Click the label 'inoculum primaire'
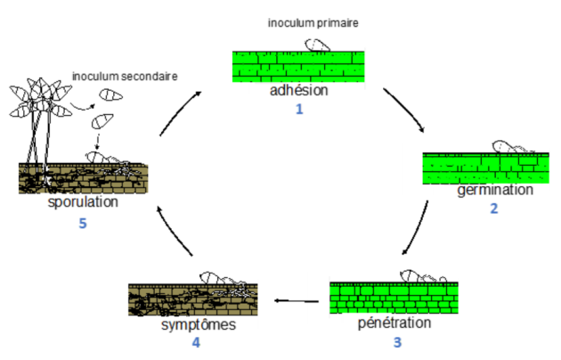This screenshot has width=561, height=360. [313, 23]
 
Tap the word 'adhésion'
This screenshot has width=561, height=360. [298, 91]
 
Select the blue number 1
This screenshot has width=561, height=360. [299, 109]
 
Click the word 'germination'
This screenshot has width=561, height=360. [495, 190]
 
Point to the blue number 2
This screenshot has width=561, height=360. [494, 209]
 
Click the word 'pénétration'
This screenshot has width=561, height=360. [394, 323]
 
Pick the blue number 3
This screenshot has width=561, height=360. [397, 342]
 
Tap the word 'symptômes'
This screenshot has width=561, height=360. [199, 325]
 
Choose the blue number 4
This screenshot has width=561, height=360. [196, 342]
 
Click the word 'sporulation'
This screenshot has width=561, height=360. [83, 202]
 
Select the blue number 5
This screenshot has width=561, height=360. [83, 224]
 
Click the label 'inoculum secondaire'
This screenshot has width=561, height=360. [125, 77]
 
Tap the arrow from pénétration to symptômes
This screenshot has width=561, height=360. [297, 300]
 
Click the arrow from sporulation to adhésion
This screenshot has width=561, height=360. [179, 112]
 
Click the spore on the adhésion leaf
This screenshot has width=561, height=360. [317, 45]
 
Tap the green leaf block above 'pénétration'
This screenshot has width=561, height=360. [394, 298]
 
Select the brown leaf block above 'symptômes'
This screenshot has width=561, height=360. [193, 300]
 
